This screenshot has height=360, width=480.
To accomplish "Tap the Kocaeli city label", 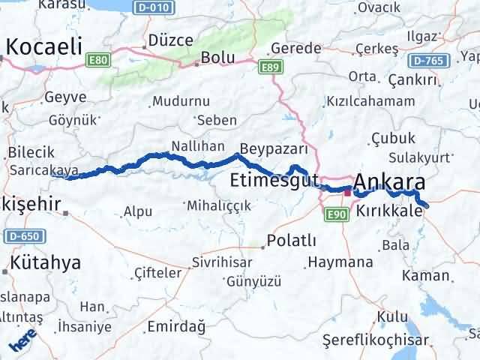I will (43, 46).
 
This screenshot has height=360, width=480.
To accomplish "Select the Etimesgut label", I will (274, 180).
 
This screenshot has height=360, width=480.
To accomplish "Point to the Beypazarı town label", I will (274, 148).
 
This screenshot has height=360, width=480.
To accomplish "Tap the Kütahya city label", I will (45, 263).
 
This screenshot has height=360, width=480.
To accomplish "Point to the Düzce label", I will (170, 40).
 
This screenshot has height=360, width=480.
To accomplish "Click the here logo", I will (20, 343).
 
